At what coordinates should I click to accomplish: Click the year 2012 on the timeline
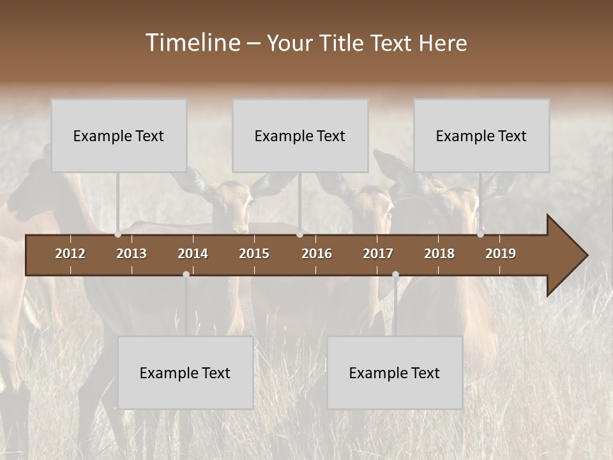tap(70, 254)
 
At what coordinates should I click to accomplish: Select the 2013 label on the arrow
tap(132, 254)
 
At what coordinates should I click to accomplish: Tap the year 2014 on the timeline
tap(193, 254)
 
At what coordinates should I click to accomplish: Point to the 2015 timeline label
tap(254, 254)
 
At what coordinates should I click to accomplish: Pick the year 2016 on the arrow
tap(317, 254)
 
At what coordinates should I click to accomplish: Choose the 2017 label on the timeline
tap(378, 254)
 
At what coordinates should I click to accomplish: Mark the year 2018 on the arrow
tap(439, 254)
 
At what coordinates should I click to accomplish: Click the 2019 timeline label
tap(501, 254)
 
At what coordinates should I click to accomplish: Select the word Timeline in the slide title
tap(192, 43)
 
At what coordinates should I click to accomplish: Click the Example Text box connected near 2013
tap(119, 135)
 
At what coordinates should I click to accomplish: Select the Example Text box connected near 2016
tap(300, 135)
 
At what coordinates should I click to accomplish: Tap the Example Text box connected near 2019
tap(481, 135)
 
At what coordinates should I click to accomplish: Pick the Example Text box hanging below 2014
tap(185, 372)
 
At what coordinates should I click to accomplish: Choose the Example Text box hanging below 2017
tap(395, 372)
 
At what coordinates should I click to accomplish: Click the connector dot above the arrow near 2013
tap(117, 234)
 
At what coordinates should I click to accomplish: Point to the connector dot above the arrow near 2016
tap(300, 234)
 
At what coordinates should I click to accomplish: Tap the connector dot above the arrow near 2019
tap(481, 234)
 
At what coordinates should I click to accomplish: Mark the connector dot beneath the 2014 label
tap(186, 274)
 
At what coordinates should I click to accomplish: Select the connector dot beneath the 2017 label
tap(395, 274)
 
